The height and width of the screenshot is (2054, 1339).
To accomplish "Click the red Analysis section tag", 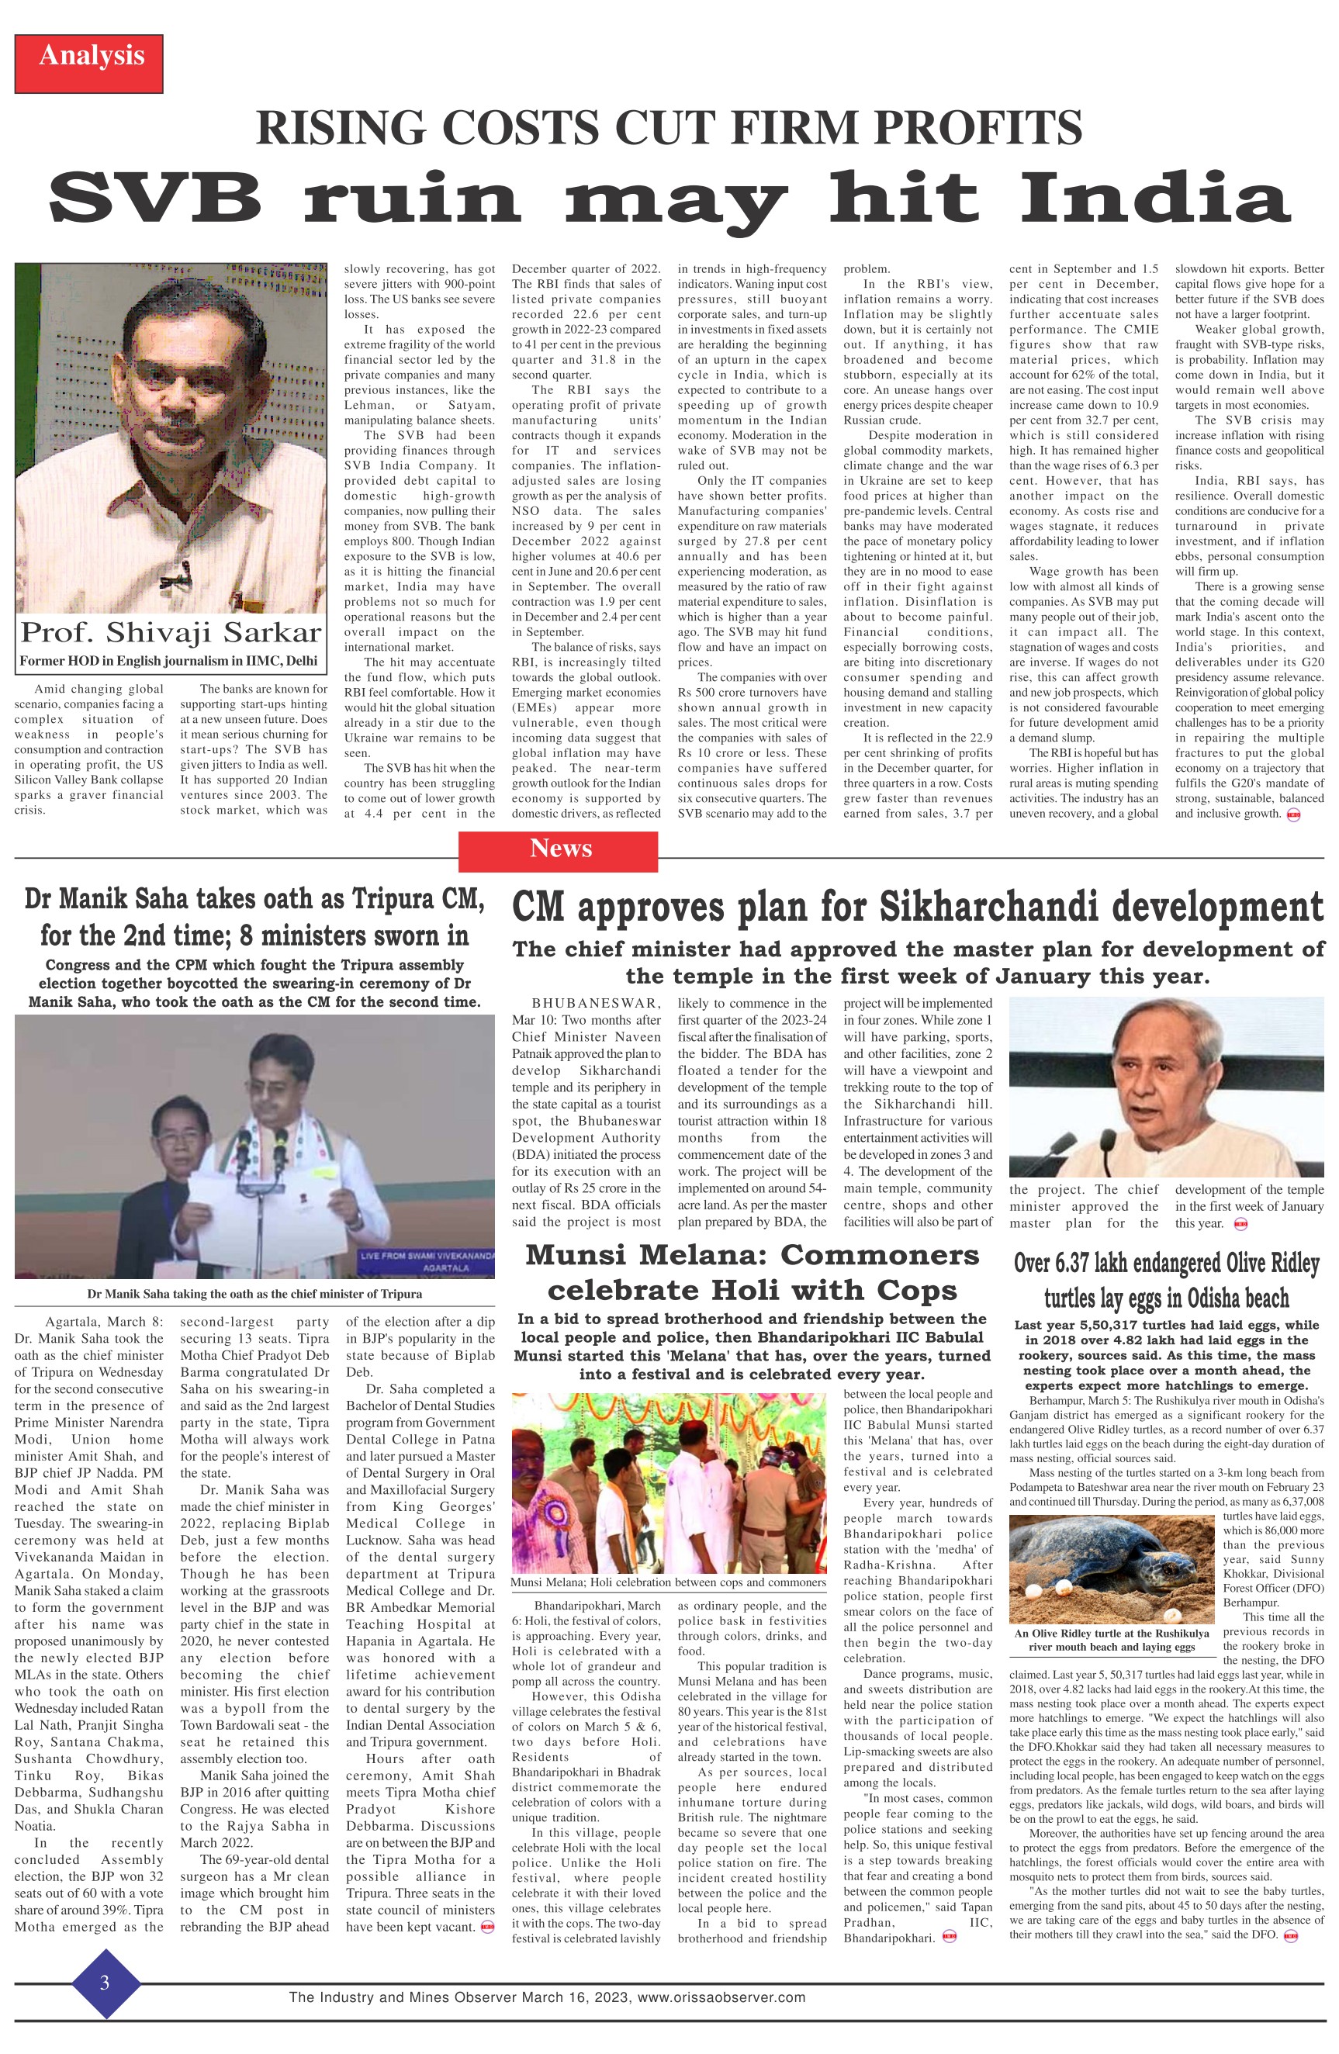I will pyautogui.click(x=89, y=56).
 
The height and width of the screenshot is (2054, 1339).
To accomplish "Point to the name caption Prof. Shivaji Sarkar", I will pyautogui.click(x=171, y=633).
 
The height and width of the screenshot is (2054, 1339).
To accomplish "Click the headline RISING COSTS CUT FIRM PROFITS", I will pyautogui.click(x=669, y=127).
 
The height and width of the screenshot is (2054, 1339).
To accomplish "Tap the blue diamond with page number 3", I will pyautogui.click(x=106, y=1983).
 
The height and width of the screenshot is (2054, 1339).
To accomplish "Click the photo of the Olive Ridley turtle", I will pyautogui.click(x=1112, y=1569).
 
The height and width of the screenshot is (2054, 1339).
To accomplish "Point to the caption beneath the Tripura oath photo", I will pyautogui.click(x=254, y=1294).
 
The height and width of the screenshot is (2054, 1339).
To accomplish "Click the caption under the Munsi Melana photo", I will pyautogui.click(x=668, y=1582).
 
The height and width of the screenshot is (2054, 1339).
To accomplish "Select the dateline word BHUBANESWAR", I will pyautogui.click(x=596, y=1004).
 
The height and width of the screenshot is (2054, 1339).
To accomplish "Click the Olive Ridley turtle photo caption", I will pyautogui.click(x=1112, y=1640).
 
